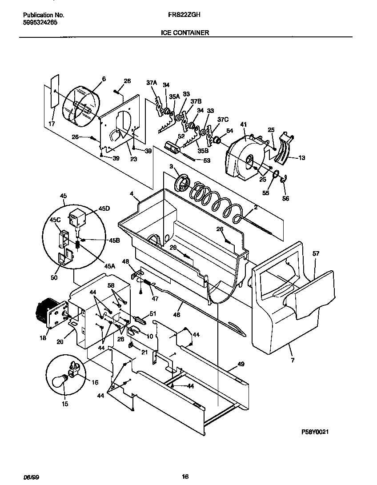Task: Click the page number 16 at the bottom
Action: point(185,477)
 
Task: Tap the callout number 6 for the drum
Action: point(104,79)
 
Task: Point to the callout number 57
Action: point(316,253)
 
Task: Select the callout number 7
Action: point(293,360)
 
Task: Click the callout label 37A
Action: point(152,83)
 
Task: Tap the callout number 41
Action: point(243,125)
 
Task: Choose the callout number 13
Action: point(302,157)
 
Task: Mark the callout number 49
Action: point(241,364)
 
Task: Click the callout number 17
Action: point(52,124)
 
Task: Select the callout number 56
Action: point(285,198)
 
